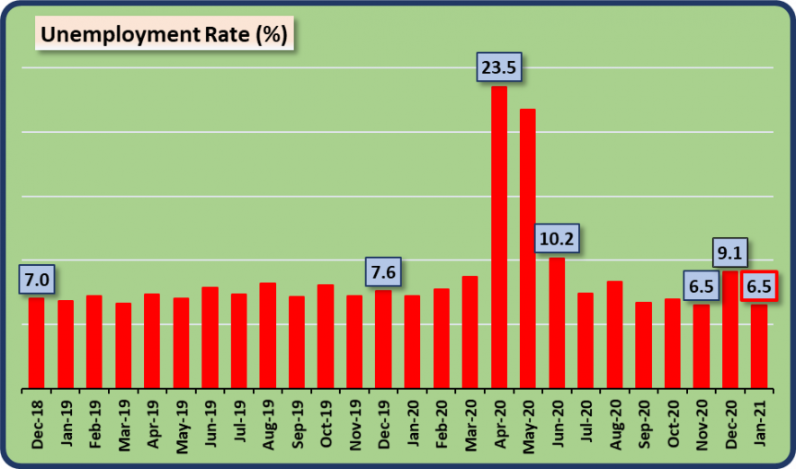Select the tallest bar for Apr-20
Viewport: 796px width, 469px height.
[499, 237]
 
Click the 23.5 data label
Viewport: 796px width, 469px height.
[500, 68]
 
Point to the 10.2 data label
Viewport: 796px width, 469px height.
[557, 239]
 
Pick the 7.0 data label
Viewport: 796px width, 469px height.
[36, 279]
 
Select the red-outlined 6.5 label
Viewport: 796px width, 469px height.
[758, 288]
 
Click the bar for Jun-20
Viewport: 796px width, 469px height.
[557, 323]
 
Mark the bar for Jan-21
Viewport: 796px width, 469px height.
[759, 347]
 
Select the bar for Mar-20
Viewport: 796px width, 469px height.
[470, 332]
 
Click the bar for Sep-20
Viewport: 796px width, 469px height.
[643, 345]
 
